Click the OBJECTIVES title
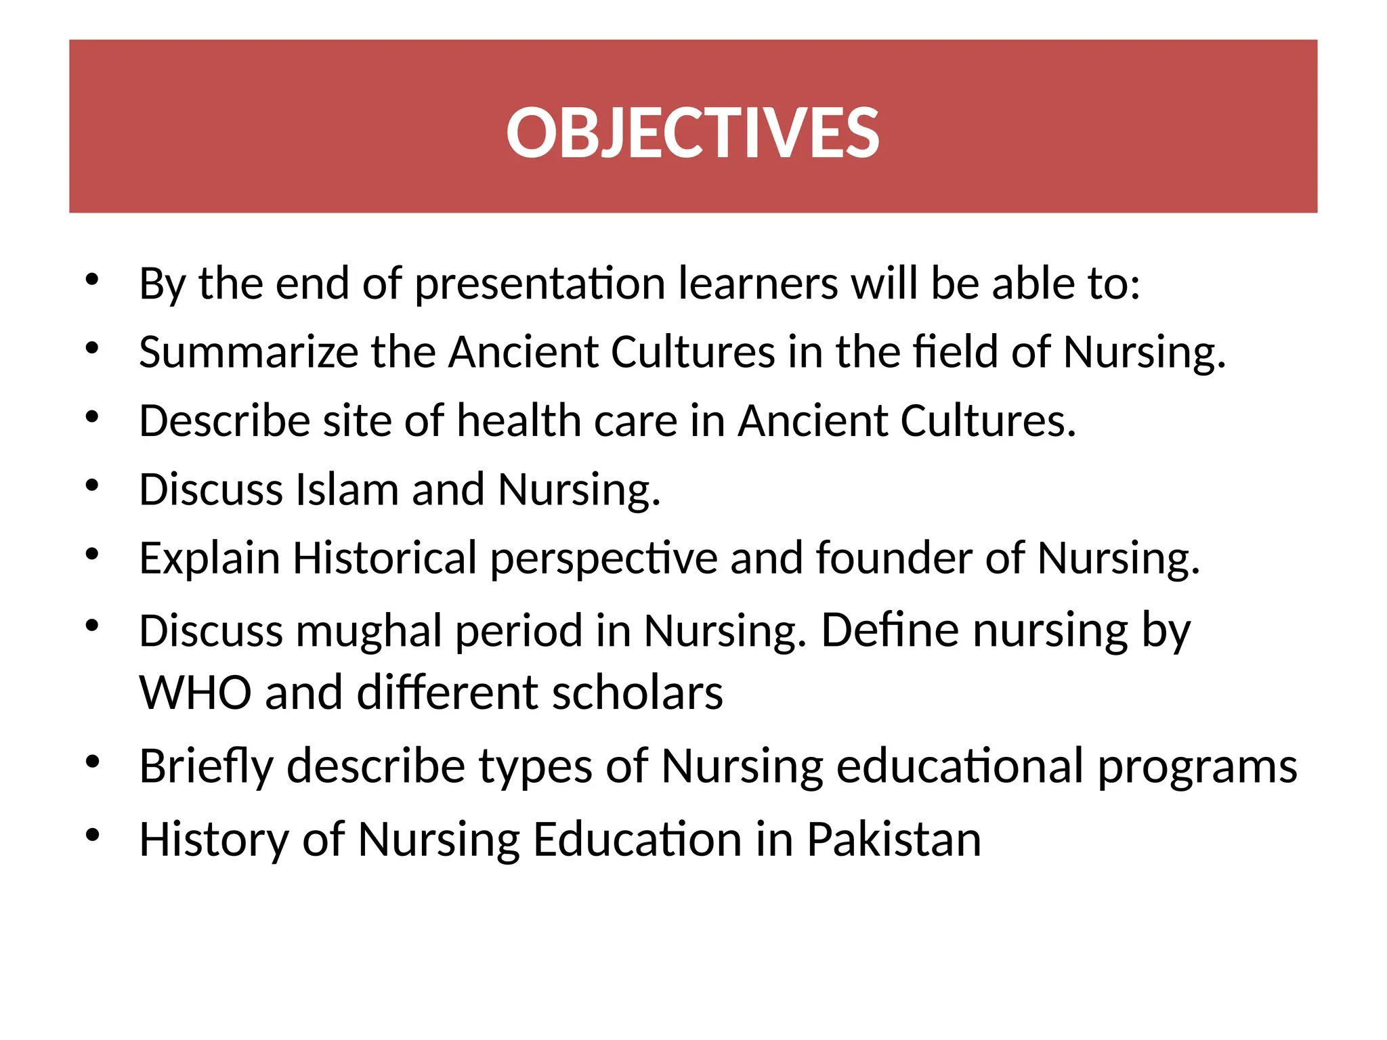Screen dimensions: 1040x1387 [x=692, y=133]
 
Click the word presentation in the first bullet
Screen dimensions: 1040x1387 [x=540, y=284]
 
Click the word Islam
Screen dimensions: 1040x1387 [x=347, y=490]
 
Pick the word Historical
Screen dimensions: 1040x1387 [x=385, y=559]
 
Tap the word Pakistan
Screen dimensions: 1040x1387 [x=893, y=840]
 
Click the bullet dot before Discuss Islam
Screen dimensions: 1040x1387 [x=93, y=485]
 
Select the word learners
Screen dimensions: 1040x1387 [x=758, y=284]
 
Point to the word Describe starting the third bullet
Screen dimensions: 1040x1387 [x=224, y=421]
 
